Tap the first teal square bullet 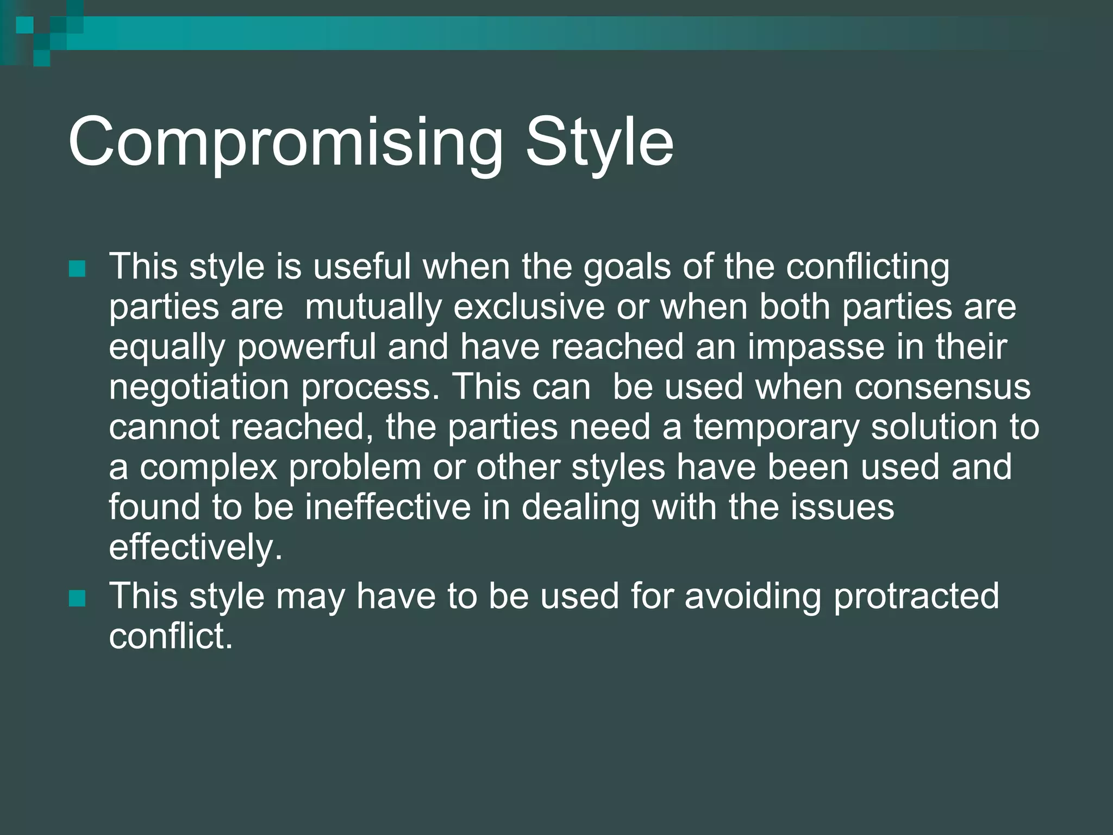78,269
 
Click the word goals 627,267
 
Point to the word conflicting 867,267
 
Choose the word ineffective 387,507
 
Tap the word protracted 916,596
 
